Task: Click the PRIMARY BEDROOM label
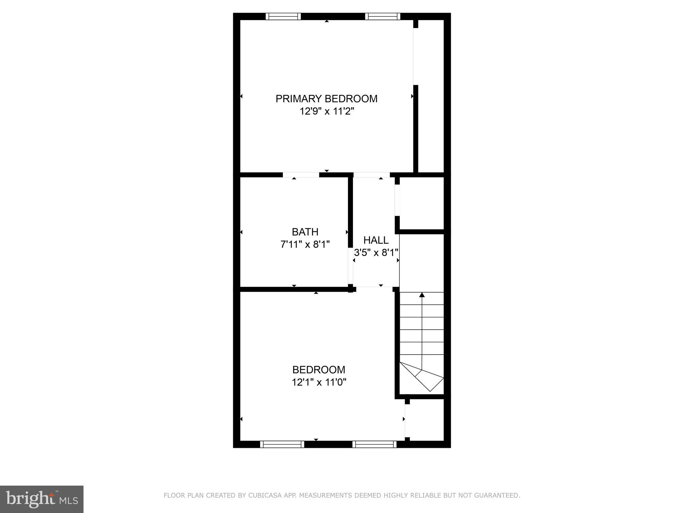tap(326, 99)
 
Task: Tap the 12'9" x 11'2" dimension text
tap(326, 111)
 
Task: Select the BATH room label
tap(305, 232)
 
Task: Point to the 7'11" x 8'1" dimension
tap(305, 244)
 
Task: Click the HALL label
tap(376, 240)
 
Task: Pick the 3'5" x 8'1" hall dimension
tap(376, 252)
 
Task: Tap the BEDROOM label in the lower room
tap(319, 370)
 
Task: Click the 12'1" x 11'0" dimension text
tap(319, 382)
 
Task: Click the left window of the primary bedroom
tap(283, 16)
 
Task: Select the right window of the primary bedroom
tap(382, 16)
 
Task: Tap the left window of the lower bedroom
tap(282, 444)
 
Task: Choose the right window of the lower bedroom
tap(374, 444)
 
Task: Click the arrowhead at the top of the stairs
tap(422, 295)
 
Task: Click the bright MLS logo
tap(42, 499)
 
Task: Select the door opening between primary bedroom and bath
tap(301, 175)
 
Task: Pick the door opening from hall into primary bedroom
tap(371, 175)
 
